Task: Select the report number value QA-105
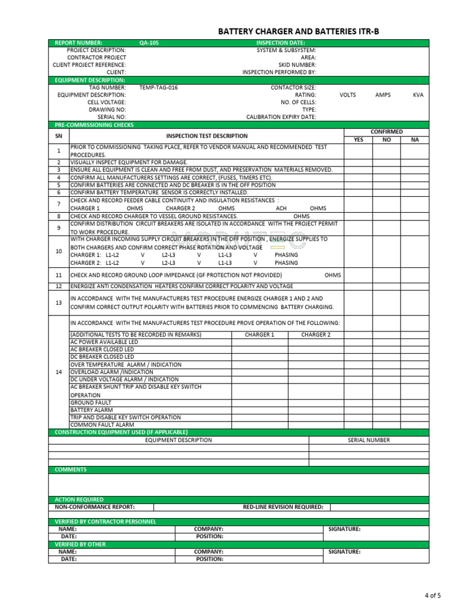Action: (149, 43)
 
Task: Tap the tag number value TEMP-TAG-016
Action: (158, 88)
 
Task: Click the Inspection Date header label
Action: (280, 43)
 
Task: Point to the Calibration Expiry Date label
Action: (281, 117)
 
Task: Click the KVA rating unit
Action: (418, 95)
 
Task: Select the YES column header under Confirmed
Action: (358, 140)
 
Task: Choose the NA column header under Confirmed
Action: (414, 140)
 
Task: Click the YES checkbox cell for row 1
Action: (358, 151)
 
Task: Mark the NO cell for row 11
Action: (386, 275)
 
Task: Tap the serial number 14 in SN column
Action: (59, 372)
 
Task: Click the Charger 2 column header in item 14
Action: (316, 335)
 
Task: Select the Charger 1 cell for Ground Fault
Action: (259, 402)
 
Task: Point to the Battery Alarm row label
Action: (92, 410)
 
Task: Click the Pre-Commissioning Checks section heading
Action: (94, 125)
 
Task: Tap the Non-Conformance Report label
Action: (95, 507)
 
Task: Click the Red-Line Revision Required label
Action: (283, 507)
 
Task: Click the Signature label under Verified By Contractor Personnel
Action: (344, 529)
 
